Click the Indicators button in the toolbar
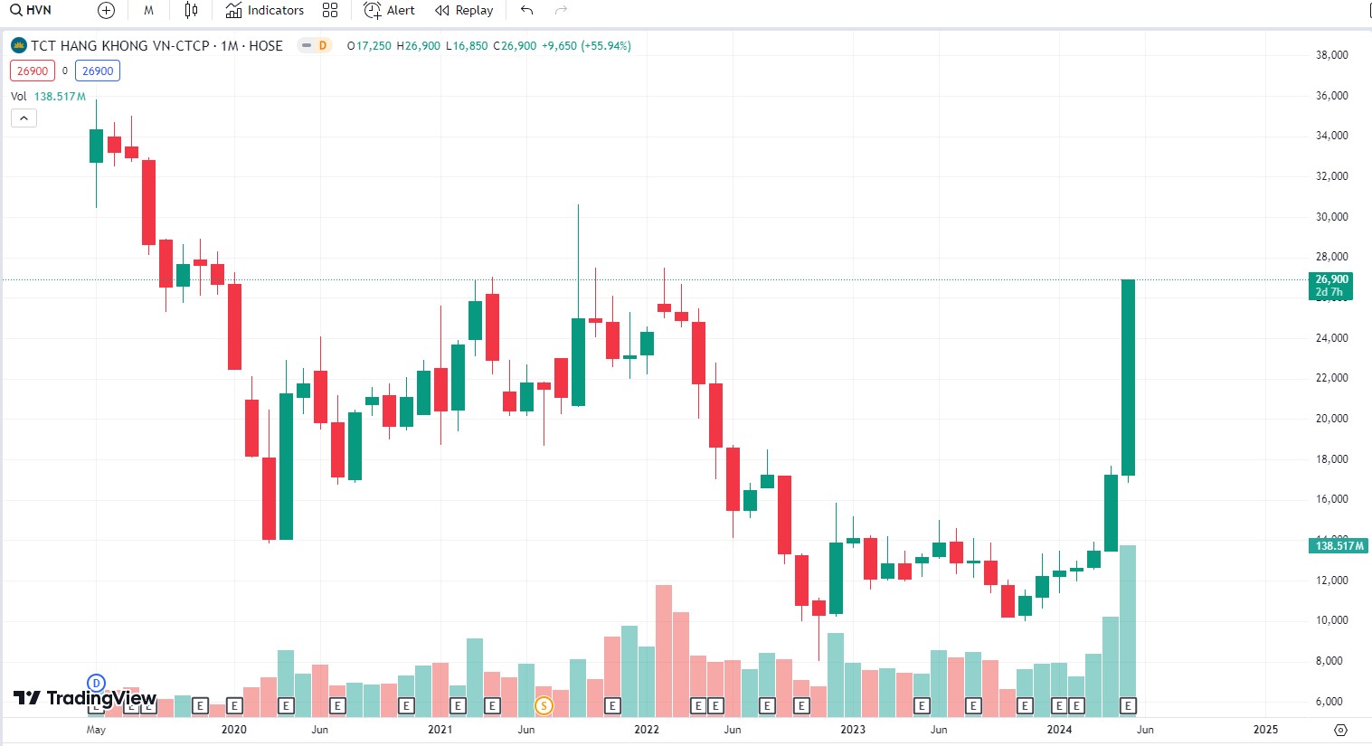(265, 11)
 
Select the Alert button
(390, 11)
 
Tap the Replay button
(464, 11)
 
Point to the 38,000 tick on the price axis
(1331, 55)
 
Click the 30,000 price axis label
(1331, 217)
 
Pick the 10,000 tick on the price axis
(1331, 620)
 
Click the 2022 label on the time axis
(647, 730)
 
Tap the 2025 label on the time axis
(1265, 730)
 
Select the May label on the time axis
(96, 730)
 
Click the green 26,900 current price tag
(1331, 286)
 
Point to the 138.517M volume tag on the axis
(1339, 546)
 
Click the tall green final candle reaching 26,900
(1128, 377)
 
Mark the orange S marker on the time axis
(544, 705)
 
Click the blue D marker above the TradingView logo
(96, 683)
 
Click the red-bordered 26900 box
(33, 71)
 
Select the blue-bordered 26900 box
(98, 71)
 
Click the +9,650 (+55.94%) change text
(586, 46)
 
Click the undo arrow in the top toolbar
(526, 11)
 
